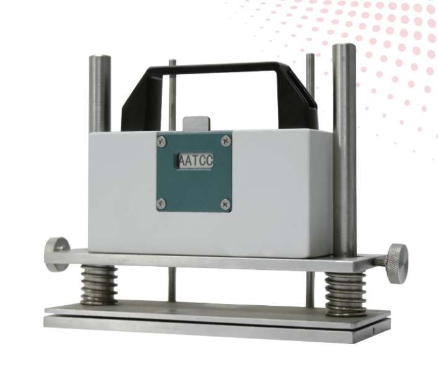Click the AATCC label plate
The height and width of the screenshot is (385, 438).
pyautogui.click(x=195, y=161)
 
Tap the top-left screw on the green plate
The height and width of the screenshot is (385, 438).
pyautogui.click(x=161, y=141)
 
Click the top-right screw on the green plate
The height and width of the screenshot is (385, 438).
pyautogui.click(x=226, y=141)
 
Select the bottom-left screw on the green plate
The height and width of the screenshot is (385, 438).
pyautogui.click(x=161, y=204)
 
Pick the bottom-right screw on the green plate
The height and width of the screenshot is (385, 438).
pyautogui.click(x=226, y=204)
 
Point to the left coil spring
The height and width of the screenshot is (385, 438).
pyautogui.click(x=99, y=285)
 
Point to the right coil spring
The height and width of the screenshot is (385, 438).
pyautogui.click(x=345, y=293)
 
